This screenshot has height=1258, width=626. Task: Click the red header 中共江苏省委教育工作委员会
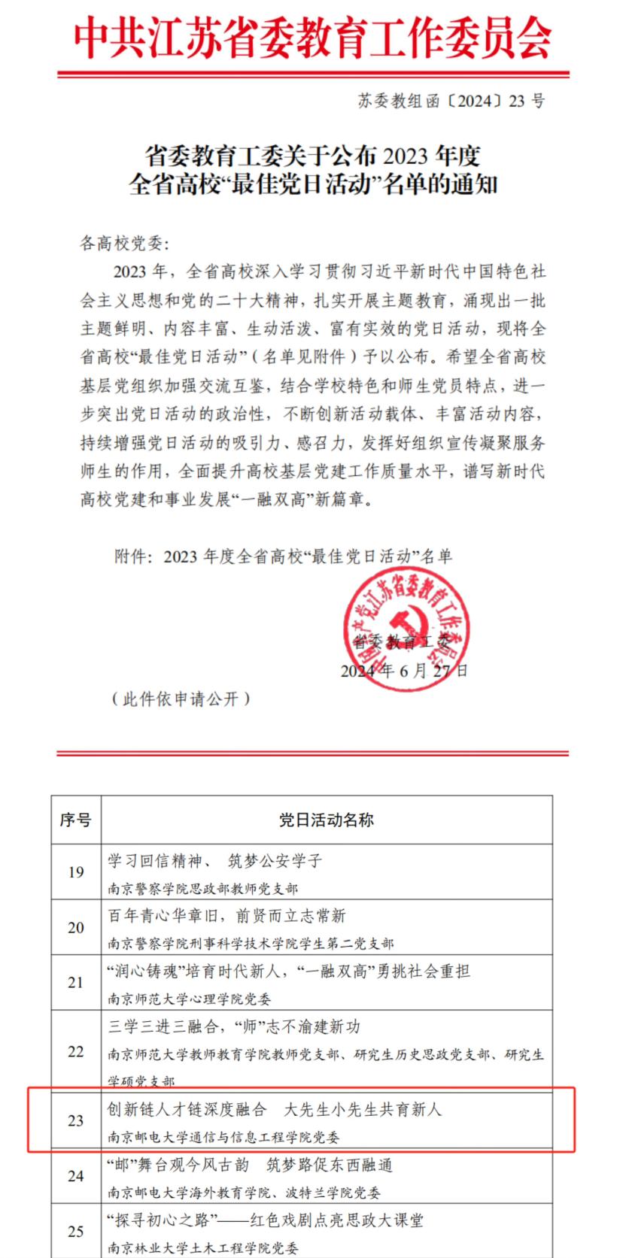[313, 38]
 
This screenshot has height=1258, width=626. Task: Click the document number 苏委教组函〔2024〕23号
[451, 102]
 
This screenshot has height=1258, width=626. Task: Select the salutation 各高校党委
[125, 244]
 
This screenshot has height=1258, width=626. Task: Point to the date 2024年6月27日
[404, 670]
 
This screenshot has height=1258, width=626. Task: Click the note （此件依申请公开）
[180, 699]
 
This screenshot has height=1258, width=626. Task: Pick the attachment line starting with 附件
[283, 556]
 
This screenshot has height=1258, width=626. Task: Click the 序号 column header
[76, 820]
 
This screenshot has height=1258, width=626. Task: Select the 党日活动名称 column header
[327, 820]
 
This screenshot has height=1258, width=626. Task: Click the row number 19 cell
[76, 872]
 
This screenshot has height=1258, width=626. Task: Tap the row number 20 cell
[76, 928]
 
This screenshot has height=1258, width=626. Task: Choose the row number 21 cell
[76, 983]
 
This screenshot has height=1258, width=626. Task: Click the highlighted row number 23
[76, 1121]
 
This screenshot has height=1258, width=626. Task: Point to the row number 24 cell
[76, 1176]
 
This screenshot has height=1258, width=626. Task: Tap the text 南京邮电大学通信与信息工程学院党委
[223, 1137]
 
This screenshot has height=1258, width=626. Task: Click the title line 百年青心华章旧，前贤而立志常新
[227, 917]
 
